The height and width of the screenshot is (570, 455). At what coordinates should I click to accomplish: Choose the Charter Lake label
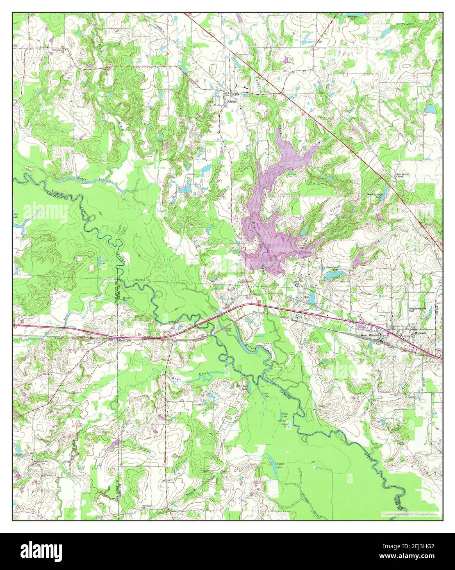(279, 466)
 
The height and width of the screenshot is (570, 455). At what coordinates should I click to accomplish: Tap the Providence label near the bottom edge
(147, 506)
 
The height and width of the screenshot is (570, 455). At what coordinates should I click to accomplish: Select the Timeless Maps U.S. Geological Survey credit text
(409, 514)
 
